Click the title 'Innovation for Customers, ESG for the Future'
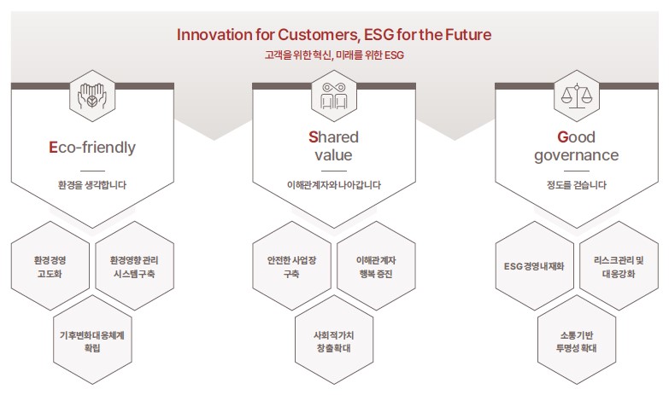(x=334, y=34)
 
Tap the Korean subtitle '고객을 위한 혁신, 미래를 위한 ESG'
(x=334, y=55)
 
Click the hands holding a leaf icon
(x=91, y=96)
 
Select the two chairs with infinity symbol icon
(x=334, y=96)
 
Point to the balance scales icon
(x=577, y=96)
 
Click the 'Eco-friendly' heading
(x=92, y=147)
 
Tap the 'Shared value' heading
(x=334, y=146)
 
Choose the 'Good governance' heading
(x=577, y=146)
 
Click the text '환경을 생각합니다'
(x=92, y=185)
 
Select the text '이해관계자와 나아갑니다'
(x=334, y=185)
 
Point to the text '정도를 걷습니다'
(x=577, y=185)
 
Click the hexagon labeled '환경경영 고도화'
(x=50, y=266)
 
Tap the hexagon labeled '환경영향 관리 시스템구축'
(x=134, y=266)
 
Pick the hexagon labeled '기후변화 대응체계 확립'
(x=92, y=340)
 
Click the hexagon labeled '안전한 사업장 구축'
(x=292, y=266)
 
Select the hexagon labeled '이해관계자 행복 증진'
(x=376, y=266)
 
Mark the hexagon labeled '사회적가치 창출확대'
(x=334, y=340)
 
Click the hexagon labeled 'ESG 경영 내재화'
(x=534, y=266)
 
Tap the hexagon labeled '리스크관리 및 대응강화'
(x=619, y=266)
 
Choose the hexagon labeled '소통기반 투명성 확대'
(x=577, y=340)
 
